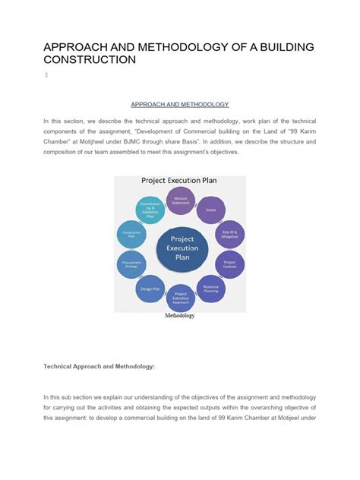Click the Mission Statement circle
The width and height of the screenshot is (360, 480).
click(x=181, y=201)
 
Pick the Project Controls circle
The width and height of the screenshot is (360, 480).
click(x=230, y=264)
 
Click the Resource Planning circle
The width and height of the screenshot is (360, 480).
click(x=211, y=289)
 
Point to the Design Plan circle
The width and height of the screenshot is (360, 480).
click(x=150, y=289)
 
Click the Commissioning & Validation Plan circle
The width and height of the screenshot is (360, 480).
click(x=149, y=209)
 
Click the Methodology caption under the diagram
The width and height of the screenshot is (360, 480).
click(x=180, y=316)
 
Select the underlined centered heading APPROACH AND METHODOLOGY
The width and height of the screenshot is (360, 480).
click(x=180, y=103)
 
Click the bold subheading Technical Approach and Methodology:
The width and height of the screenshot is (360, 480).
click(x=99, y=366)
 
